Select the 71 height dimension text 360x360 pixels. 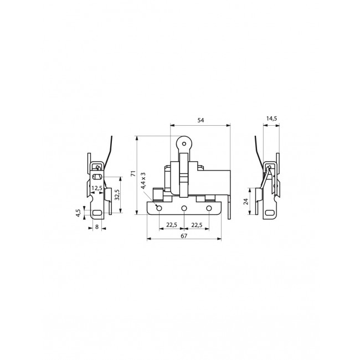point(132,174)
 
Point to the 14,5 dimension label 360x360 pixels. point(271,119)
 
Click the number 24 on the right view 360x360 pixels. point(246,202)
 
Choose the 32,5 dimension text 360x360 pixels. point(116,195)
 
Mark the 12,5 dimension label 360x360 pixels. point(97,188)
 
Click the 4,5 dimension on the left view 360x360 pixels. point(79,212)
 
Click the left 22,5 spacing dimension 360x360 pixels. point(171,224)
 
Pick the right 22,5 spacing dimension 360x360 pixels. point(196,224)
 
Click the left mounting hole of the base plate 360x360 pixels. point(159,208)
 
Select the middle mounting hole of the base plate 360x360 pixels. point(184,208)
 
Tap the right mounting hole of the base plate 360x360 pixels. point(209,208)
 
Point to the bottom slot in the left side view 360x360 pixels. point(97,213)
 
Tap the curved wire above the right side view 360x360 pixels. point(258,150)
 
